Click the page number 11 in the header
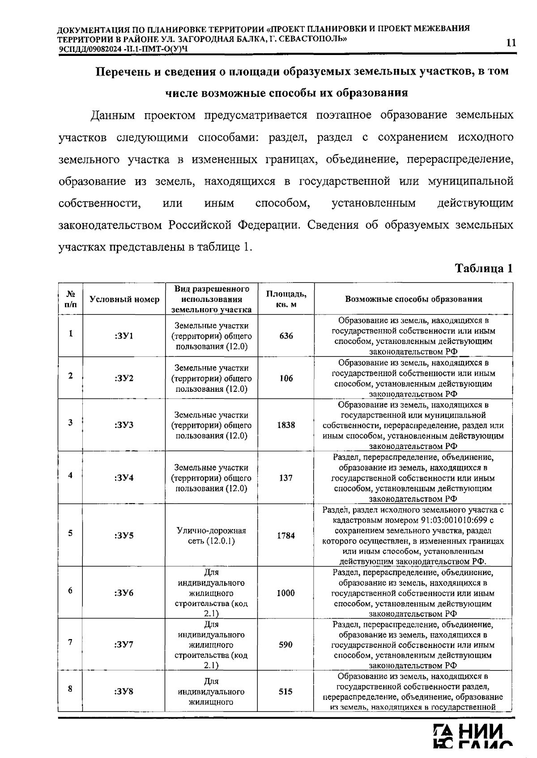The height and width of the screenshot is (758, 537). [511, 43]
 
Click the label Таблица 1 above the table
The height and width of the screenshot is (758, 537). [483, 268]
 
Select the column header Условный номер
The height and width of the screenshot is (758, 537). [124, 299]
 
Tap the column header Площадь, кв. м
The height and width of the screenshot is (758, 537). [286, 299]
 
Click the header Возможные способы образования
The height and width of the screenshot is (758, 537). [413, 299]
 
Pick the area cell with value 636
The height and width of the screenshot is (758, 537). [286, 336]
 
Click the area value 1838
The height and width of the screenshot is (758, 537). [286, 425]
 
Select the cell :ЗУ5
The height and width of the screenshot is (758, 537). [124, 535]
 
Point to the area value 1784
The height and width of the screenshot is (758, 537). [286, 535]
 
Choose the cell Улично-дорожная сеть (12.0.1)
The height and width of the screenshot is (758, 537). [211, 536]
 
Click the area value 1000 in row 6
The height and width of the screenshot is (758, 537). [286, 593]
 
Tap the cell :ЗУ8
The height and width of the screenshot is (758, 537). [124, 691]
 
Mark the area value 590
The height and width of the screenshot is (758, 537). [286, 644]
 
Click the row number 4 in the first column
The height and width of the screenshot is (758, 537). [70, 475]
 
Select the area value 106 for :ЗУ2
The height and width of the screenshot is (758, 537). [286, 378]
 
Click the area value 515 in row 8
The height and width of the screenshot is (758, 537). [286, 691]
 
